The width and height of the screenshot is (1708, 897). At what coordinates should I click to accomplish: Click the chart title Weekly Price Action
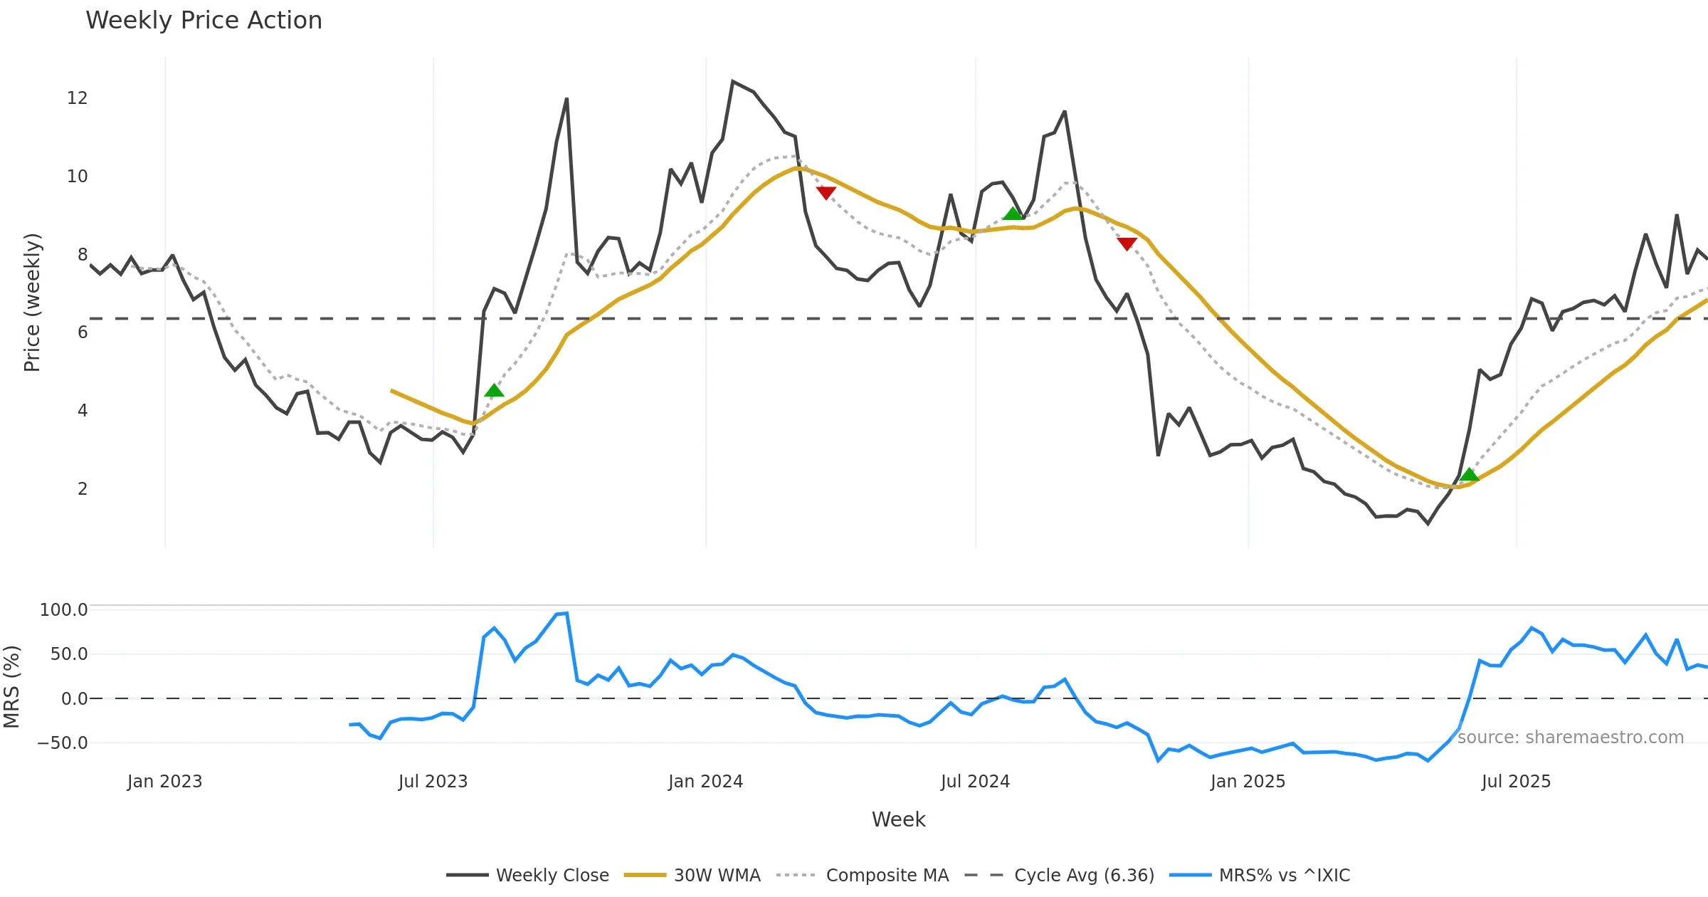pos(204,21)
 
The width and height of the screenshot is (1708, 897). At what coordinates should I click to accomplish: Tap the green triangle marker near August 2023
pos(494,390)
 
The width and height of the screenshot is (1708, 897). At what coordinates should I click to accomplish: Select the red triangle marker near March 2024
pos(826,193)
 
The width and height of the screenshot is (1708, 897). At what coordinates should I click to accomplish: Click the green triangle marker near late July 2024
pos(1013,214)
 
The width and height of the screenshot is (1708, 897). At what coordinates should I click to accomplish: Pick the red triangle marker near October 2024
pos(1127,244)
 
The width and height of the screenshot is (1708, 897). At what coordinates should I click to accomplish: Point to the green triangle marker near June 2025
pos(1469,475)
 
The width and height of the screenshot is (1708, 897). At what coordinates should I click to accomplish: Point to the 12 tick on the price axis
pos(77,98)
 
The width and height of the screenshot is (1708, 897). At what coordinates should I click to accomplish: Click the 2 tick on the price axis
pos(83,489)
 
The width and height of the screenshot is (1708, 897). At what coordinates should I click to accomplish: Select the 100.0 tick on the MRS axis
pos(63,610)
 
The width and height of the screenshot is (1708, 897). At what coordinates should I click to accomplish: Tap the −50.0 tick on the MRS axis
pos(62,743)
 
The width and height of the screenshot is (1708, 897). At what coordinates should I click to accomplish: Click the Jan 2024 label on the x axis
pos(705,782)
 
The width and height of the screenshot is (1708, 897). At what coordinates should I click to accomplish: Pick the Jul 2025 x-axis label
pos(1516,782)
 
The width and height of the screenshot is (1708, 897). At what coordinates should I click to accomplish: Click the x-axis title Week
pos(898,820)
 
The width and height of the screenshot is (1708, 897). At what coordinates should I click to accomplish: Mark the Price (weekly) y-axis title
pos(33,303)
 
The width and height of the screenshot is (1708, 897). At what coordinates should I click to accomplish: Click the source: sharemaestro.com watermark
pos(1570,738)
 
